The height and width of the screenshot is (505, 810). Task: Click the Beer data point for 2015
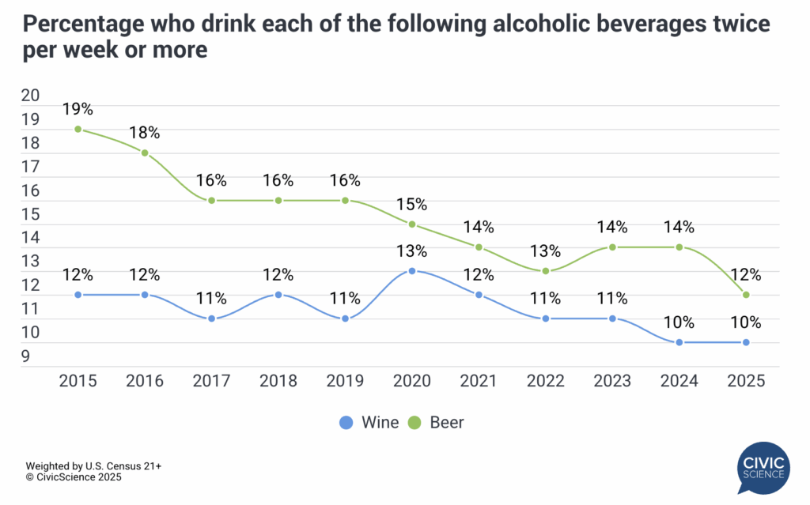[x=78, y=130]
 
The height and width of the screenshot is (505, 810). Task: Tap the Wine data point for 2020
[x=411, y=271]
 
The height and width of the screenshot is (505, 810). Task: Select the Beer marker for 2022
[x=545, y=271]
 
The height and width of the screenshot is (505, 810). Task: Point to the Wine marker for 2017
[x=211, y=318]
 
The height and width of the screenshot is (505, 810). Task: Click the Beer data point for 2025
[x=746, y=295]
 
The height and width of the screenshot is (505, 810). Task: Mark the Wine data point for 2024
[x=679, y=342]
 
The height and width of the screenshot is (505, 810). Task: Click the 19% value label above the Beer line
[x=78, y=109]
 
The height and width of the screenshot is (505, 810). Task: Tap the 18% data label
[x=145, y=133]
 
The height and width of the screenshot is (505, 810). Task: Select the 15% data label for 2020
[x=411, y=204]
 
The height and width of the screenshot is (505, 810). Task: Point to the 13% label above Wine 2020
[x=411, y=251]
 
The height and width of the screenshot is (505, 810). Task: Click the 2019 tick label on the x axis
[x=345, y=381]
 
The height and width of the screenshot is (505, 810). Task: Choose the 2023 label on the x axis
[x=612, y=381]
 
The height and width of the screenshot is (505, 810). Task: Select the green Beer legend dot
[x=414, y=423]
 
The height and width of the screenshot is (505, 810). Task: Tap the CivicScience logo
[x=763, y=471]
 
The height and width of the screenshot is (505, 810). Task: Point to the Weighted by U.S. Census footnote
[x=81, y=466]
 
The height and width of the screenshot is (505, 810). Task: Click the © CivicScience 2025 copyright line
[x=74, y=477]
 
